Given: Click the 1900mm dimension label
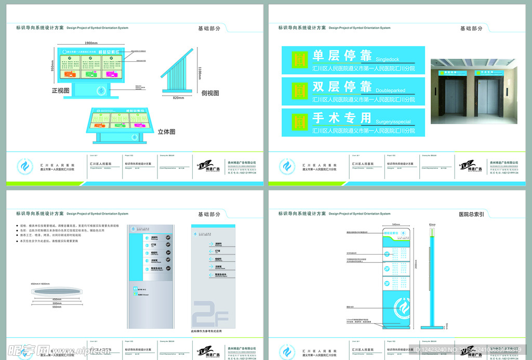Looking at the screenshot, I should [x=91, y=43].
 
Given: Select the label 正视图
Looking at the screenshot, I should [x=61, y=90].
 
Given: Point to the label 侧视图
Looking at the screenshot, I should [x=210, y=93].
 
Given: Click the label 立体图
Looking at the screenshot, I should [x=166, y=132].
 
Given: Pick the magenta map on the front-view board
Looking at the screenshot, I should [x=112, y=74].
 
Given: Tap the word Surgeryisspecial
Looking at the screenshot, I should [x=393, y=122].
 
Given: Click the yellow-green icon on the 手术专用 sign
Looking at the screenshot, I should [x=298, y=123].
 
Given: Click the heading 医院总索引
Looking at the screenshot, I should [x=471, y=214].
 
